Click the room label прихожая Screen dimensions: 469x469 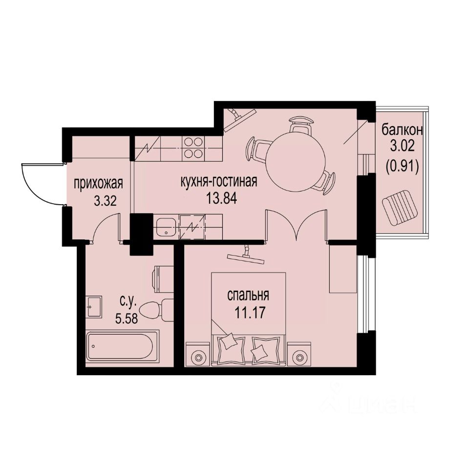tap(98, 184)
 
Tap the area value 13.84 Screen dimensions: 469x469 tap(218, 199)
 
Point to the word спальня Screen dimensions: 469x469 tap(249, 296)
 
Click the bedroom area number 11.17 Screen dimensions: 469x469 tap(249, 312)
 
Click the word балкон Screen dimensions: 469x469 tap(402, 130)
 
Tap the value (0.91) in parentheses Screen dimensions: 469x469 tap(402, 167)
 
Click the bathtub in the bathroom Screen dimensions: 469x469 tap(122, 346)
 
